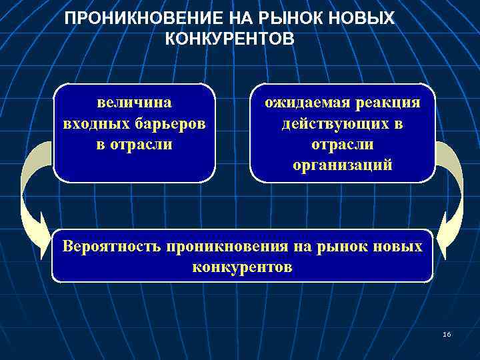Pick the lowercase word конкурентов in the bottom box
242,267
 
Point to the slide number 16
446,333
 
